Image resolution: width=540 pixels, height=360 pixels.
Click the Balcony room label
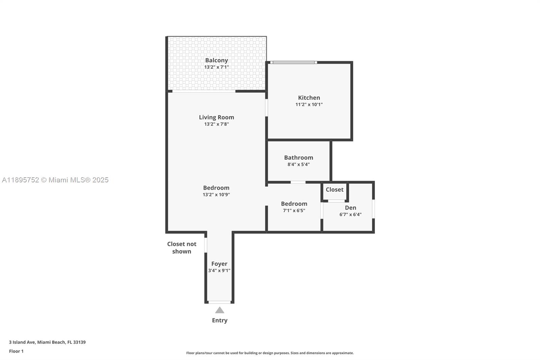pos(216,60)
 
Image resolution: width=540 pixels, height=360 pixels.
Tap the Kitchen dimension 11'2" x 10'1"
pos(309,104)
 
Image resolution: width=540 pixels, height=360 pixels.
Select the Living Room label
pos(216,117)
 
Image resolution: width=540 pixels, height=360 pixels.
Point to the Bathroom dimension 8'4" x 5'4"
pos(298,164)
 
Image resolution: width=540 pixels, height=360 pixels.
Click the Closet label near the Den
pos(334,189)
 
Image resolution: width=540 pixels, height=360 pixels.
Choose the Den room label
pos(350,208)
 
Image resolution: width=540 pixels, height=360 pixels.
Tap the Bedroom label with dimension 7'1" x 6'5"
pos(294,204)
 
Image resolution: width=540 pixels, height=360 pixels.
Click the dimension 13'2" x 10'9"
pos(216,195)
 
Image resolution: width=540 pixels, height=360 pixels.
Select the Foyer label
pos(219,264)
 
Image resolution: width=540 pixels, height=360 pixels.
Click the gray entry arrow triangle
pos(220,310)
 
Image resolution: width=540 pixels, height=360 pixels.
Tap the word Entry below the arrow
pos(220,320)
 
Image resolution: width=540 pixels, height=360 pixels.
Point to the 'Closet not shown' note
pos(182,248)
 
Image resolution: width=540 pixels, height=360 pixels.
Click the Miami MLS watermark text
pos(55,180)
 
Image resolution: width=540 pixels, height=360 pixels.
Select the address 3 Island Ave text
pos(47,342)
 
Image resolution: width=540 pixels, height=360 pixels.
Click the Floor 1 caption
pos(16,351)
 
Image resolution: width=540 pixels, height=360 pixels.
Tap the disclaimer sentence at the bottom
pos(270,353)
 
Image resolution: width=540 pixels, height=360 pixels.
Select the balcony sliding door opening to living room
pos(204,91)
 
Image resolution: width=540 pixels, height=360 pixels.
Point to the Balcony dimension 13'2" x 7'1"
pos(216,67)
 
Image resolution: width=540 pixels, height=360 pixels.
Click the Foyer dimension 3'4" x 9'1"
pos(219,271)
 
